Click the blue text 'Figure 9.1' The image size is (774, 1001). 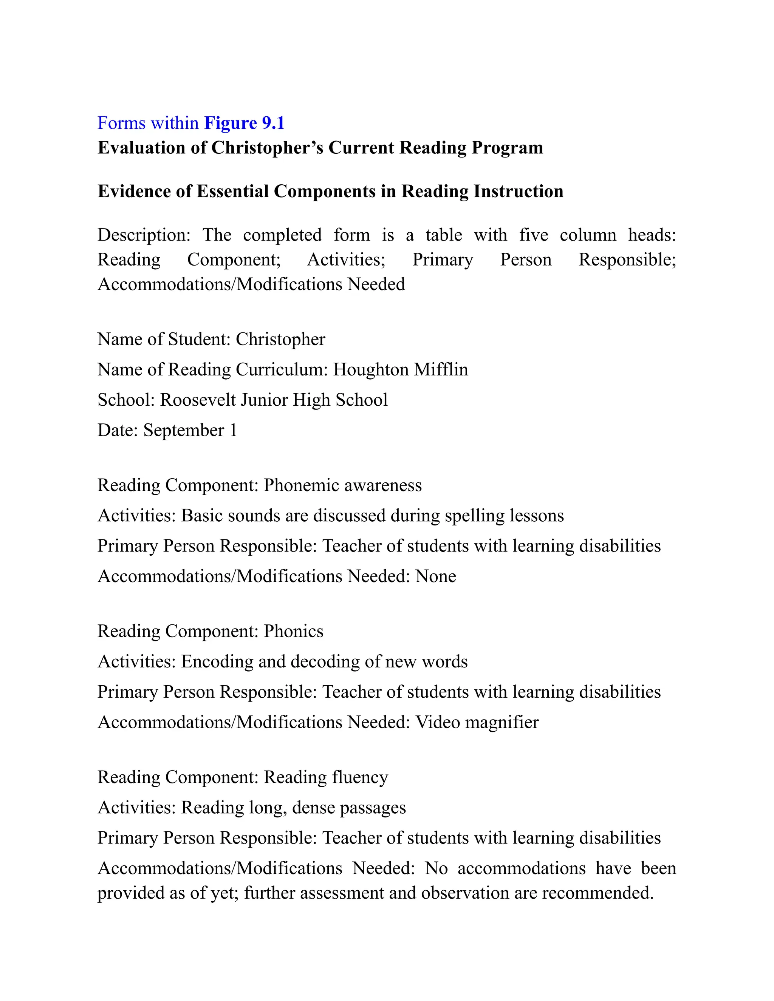245,123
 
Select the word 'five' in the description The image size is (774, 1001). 533,235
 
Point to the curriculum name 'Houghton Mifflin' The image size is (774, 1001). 400,370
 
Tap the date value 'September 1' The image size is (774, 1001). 190,430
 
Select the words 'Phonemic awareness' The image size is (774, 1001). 342,485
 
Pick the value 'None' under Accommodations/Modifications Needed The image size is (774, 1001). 436,576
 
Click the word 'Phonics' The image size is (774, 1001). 293,632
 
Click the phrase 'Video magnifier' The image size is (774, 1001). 477,722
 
